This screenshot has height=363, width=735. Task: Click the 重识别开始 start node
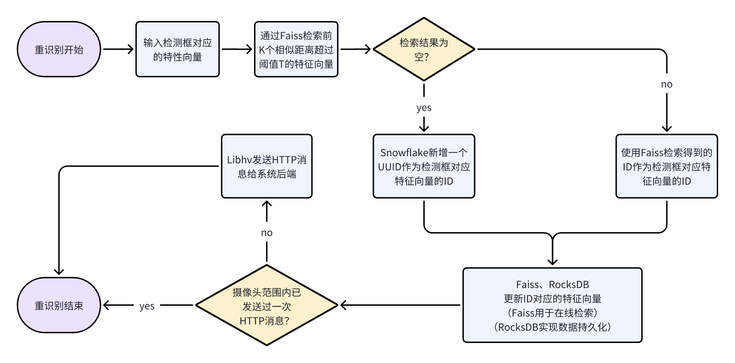tap(59, 49)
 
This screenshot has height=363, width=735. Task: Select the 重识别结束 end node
tap(59, 305)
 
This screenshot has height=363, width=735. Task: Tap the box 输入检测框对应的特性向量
tap(178, 49)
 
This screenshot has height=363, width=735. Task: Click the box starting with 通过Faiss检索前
tap(296, 49)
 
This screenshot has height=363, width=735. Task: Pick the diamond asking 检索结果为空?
tap(424, 49)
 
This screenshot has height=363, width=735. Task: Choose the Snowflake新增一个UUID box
tap(424, 166)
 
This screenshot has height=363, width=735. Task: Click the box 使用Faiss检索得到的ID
tap(666, 166)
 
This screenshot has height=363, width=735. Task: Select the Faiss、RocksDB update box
tap(552, 305)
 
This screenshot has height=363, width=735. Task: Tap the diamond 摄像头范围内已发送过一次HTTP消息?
tap(266, 305)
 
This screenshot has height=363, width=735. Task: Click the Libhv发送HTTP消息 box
tap(266, 166)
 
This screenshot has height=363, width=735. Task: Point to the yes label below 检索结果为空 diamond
tap(424, 107)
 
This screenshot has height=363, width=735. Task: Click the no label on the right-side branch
tap(667, 84)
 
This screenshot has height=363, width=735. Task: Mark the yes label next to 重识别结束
tap(147, 306)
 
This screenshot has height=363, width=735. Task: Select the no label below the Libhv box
tap(266, 233)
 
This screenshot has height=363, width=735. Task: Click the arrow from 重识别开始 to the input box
tap(118, 49)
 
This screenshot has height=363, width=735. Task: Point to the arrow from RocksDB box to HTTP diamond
tap(400, 305)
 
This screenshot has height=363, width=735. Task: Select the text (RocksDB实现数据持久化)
tap(552, 327)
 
